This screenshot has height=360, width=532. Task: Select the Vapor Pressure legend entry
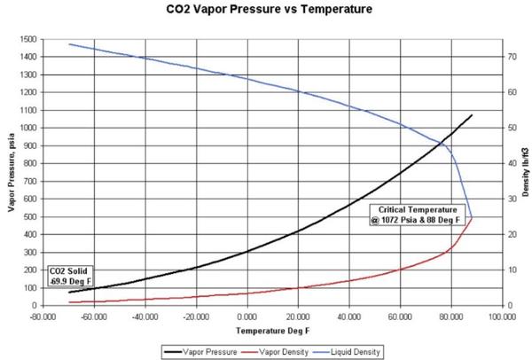click(x=205, y=351)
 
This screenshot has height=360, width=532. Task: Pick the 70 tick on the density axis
click(x=512, y=57)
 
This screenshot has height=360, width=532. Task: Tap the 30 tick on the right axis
click(x=512, y=199)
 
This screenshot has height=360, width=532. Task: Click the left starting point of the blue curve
click(x=70, y=44)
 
